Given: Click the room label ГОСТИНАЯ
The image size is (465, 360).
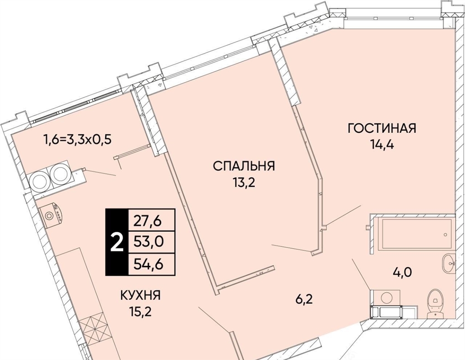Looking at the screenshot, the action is coord(382,128).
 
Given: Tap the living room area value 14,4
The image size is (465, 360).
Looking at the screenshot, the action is coord(381,145).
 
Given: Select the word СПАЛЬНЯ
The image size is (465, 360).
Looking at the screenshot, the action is coord(244,166).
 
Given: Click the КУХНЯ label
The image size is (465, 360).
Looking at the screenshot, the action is coord(141,295).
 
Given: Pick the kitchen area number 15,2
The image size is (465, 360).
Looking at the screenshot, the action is coord(140,312).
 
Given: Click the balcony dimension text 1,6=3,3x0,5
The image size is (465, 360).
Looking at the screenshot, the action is coord(77,139).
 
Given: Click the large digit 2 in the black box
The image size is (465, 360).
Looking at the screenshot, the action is coord(117,242).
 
